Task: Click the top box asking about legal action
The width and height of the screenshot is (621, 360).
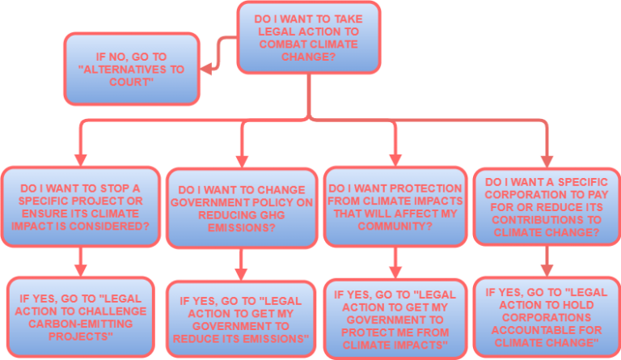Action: click(x=308, y=37)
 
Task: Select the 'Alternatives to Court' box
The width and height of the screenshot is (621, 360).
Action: click(x=133, y=68)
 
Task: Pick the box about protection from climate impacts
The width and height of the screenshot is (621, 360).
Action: click(x=395, y=207)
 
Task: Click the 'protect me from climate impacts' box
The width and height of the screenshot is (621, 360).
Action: click(x=395, y=318)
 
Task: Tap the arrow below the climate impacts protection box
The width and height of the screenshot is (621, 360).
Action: click(x=395, y=263)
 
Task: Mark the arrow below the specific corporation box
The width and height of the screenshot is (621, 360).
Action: click(x=547, y=260)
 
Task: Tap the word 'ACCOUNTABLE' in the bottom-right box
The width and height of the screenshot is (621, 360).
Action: click(x=547, y=328)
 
